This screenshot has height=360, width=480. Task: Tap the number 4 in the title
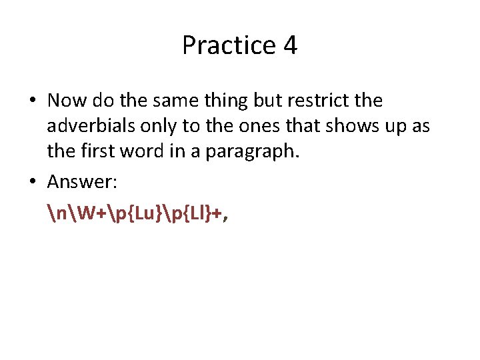point(290,45)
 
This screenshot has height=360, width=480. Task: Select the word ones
point(265,127)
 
